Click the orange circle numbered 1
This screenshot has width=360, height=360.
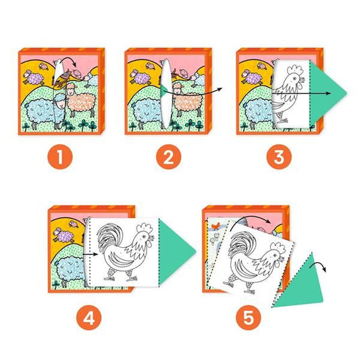[60, 157]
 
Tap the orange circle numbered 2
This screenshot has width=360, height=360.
[169, 157]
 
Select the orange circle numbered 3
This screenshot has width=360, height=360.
[279, 157]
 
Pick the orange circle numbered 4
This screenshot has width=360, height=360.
[89, 317]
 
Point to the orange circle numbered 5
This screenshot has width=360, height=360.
[249, 317]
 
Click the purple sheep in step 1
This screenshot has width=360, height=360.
[34, 78]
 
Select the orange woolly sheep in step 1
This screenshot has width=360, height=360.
[81, 100]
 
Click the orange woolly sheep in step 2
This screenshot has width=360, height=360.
[188, 100]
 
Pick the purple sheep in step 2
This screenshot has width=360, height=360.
[140, 78]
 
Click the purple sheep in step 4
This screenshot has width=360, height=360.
[63, 235]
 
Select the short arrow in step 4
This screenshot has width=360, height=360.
[90, 254]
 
